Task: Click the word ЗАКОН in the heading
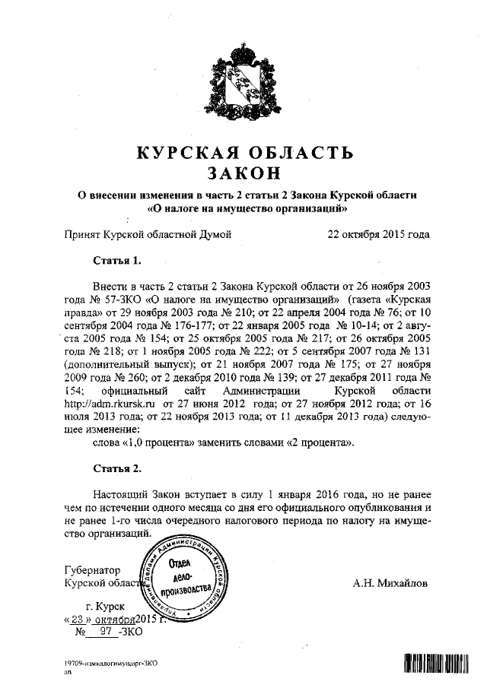click(x=243, y=173)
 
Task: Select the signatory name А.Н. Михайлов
click(x=390, y=584)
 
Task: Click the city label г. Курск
click(x=107, y=607)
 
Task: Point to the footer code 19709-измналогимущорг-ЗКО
click(x=111, y=664)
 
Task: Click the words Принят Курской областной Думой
click(x=148, y=235)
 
